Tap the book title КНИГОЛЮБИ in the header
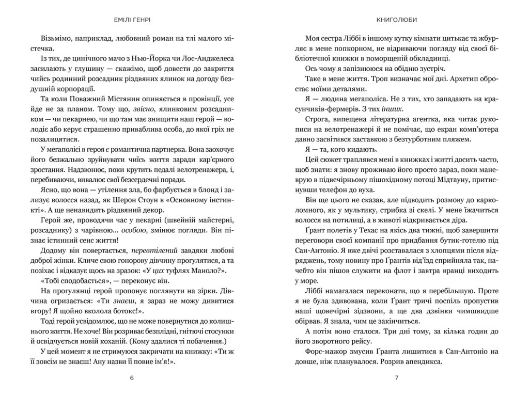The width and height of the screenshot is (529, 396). click(397, 21)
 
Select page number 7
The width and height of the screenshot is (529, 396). click(397, 377)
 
